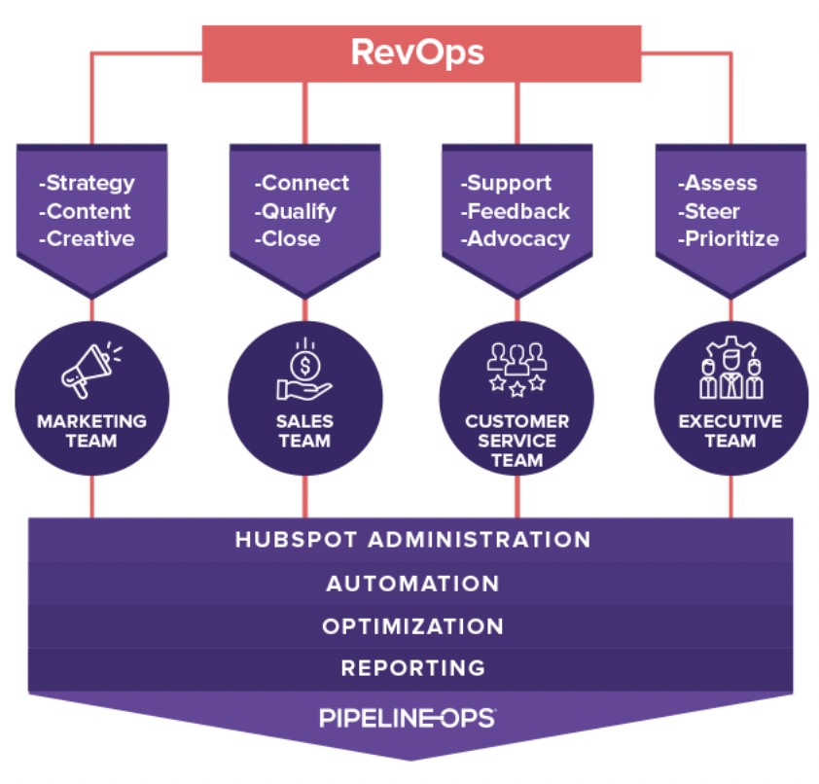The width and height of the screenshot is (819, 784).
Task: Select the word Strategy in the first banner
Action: pyautogui.click(x=89, y=183)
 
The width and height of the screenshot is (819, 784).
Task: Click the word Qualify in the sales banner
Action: pyautogui.click(x=298, y=211)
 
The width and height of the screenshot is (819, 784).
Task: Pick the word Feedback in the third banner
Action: pyautogui.click(x=517, y=211)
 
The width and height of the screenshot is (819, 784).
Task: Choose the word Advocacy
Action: pyautogui.click(x=517, y=239)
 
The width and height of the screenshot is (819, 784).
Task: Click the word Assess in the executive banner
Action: pyautogui.click(x=720, y=183)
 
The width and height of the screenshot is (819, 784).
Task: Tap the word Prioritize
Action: pyautogui.click(x=730, y=239)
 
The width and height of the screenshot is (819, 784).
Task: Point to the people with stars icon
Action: pyautogui.click(x=516, y=371)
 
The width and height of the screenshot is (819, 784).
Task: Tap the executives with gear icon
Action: pyautogui.click(x=730, y=371)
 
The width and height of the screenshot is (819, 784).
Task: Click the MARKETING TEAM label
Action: pyautogui.click(x=91, y=431)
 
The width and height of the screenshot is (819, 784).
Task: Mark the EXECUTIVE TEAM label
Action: pyautogui.click(x=730, y=431)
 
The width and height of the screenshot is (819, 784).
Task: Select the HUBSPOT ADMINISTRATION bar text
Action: pyautogui.click(x=412, y=540)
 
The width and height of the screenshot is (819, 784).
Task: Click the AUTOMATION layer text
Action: pyautogui.click(x=412, y=584)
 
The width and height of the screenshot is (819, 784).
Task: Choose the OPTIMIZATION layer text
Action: pyautogui.click(x=412, y=626)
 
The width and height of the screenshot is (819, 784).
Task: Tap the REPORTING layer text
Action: pyautogui.click(x=412, y=668)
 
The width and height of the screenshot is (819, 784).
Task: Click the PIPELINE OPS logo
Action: pyautogui.click(x=408, y=719)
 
